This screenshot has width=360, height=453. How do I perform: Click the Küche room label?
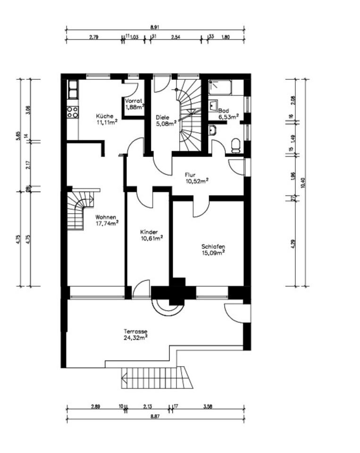pos(105,116)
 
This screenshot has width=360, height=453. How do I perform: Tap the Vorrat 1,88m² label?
pos(134,104)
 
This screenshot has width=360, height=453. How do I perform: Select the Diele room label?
pos(162,117)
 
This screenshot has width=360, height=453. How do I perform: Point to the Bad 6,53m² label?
pos(228,114)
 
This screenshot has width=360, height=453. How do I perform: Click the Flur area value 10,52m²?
pos(197,181)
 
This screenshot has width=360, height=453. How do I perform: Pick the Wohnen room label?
pos(106,217)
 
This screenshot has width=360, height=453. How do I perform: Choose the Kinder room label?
pos(149,232)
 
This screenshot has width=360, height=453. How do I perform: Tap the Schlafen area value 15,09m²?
pos(213,253)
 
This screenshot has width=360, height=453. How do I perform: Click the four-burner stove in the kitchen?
pos(73,112)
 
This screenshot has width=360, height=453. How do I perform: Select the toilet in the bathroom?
pos(236,146)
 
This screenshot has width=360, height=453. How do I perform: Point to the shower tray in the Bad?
pos(220,88)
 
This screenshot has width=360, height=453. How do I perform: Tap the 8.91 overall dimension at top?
pos(155,27)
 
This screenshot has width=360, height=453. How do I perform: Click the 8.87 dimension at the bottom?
pos(155,416)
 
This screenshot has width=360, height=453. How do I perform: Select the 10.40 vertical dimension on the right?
pos(303,183)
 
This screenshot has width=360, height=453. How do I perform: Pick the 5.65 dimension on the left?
pos(19,136)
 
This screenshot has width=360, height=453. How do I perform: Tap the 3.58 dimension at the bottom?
pos(208,406)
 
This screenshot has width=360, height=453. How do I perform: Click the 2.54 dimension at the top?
pos(176,37)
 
